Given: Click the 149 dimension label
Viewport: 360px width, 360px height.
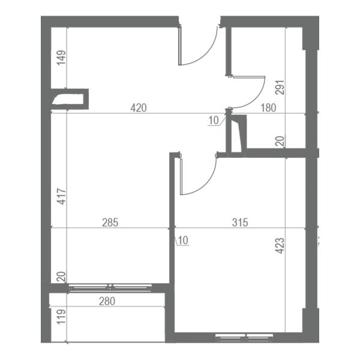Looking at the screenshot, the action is click(61, 58).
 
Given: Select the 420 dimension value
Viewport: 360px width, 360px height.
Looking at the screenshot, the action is click(139, 108).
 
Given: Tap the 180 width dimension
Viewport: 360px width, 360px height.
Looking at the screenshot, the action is click(268, 107).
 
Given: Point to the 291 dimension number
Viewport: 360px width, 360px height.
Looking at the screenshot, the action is click(280, 88).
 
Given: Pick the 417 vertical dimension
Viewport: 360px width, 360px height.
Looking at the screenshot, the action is click(61, 196).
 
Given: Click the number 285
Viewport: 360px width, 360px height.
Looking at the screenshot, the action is click(110, 223).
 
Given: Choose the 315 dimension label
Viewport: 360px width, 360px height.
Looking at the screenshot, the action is click(240, 223).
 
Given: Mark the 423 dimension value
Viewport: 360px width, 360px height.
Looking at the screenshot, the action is click(280, 246).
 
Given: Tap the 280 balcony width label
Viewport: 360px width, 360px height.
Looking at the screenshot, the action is click(107, 301).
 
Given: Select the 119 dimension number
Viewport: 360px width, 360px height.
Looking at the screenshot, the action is click(61, 317).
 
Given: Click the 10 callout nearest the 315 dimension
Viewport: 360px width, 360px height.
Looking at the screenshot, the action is click(183, 241).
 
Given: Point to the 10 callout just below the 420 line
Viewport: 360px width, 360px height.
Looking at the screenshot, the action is click(214, 121).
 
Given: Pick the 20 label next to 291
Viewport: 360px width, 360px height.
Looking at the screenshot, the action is click(280, 141).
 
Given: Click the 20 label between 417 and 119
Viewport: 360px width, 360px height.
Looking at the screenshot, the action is click(61, 277).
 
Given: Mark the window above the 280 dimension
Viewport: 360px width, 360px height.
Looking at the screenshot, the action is click(110, 287).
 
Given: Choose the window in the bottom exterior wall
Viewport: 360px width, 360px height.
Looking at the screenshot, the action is click(244, 337).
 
